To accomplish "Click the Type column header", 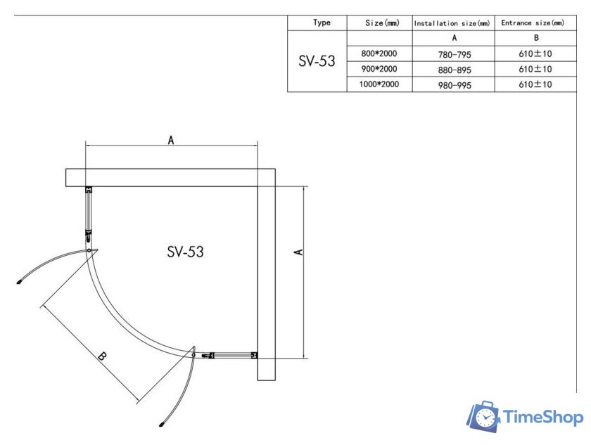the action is coord(322,22).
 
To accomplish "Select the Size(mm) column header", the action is coord(382,23).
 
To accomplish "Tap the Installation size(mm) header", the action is coord(452,23).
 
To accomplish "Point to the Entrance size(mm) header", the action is coord(533,23).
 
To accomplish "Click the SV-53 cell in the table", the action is coord(317,60).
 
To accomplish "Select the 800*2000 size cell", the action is coord(379,53).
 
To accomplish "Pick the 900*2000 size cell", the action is coord(379,69).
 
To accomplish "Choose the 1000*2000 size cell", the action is coord(379,84).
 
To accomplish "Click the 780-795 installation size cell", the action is coord(455,55).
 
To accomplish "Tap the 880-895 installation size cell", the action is coord(455,70).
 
